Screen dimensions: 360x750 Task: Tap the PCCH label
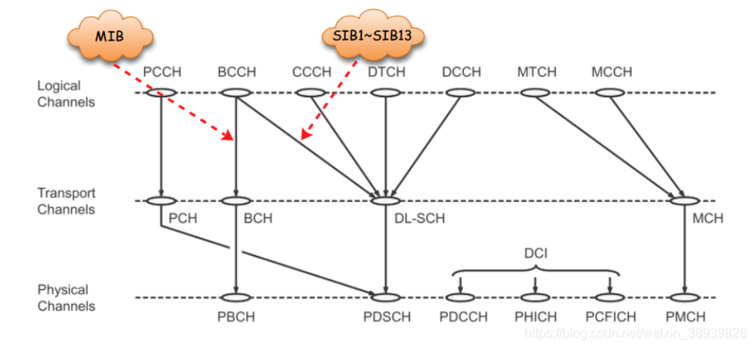162,71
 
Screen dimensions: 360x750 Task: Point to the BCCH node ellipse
237,92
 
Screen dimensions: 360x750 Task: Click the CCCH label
312,71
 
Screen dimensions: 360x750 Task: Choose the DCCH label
461,71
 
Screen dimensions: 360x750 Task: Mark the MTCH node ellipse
536,92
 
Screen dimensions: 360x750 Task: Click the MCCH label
611,71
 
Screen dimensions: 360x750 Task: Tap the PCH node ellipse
161,201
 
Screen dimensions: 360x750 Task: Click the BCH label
257,218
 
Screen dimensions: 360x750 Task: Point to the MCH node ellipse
685,201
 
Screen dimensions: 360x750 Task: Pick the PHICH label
535,317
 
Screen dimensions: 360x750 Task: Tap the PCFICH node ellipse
610,298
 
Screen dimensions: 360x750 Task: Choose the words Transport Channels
66,201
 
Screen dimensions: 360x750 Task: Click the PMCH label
685,317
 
